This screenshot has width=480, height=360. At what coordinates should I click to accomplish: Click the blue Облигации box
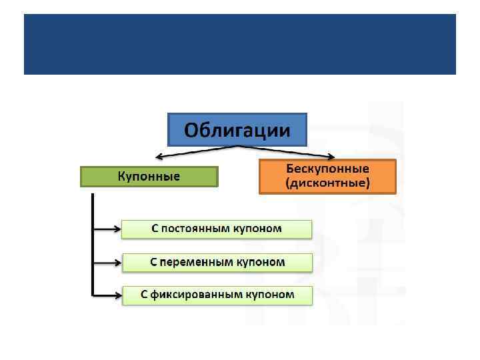[x=237, y=129]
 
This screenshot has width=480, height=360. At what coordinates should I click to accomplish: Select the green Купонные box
[x=149, y=176]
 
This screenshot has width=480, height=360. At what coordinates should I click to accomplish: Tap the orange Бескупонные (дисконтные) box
[x=327, y=176]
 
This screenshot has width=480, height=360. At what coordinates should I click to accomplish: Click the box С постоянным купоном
[x=217, y=229]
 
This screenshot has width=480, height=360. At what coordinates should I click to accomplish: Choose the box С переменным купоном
[x=217, y=262]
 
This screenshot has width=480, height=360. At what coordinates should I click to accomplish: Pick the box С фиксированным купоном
[x=217, y=294]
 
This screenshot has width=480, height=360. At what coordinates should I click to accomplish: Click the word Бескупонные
[x=327, y=169]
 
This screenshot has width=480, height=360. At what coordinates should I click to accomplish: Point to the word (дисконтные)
[x=327, y=183]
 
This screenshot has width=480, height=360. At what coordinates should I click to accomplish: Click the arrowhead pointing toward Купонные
[x=159, y=157]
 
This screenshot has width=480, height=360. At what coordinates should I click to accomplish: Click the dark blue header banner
[x=240, y=44]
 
